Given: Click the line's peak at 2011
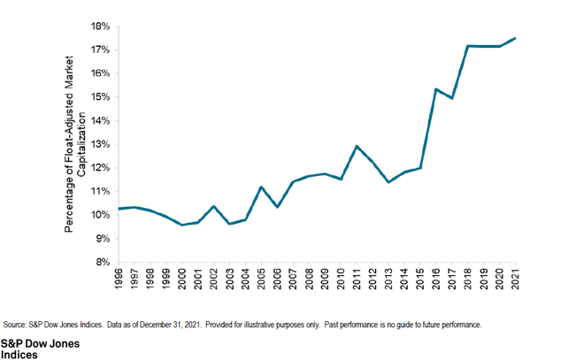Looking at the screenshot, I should click(357, 146).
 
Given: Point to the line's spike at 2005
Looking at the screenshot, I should click(261, 187).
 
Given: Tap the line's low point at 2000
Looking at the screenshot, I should click(182, 225).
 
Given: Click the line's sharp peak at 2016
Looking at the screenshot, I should click(436, 88).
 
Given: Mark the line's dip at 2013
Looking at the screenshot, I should click(388, 182).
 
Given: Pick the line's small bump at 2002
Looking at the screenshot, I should click(214, 206).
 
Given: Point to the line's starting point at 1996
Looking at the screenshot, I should click(119, 209).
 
